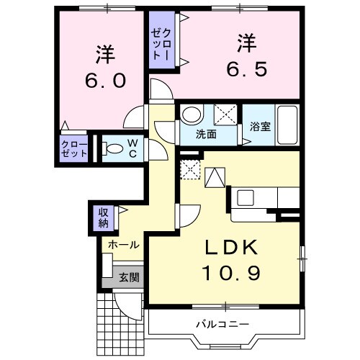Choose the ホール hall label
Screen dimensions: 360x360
coord(123,245)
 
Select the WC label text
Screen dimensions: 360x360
coord(133,148)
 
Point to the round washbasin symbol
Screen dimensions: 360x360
coord(191,114)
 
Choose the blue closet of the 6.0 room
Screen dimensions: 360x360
coord(74,149)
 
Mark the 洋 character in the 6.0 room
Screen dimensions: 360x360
coord(103,53)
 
